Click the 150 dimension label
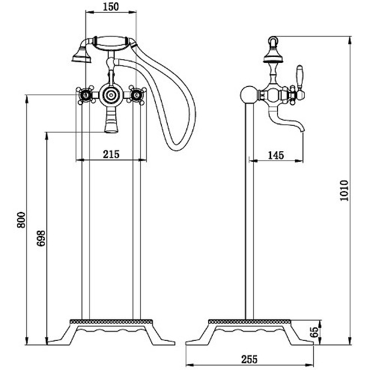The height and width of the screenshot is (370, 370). pos(111,6)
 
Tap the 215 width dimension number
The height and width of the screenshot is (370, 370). pos(111,154)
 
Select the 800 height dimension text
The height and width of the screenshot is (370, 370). pos(21,220)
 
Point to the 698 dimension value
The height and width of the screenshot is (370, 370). pos(41,238)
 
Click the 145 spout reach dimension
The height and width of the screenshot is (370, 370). pos(276,155)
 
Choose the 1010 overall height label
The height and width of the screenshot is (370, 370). pos(344,191)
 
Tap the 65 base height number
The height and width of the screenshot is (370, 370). pos(315,332)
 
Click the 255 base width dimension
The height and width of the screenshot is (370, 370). pos(249,359)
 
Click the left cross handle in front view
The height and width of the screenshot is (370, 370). pos(86,95)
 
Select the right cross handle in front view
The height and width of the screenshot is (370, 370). pos(136,95)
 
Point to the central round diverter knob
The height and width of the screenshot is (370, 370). pos(111,95)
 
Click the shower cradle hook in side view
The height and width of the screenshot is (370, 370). pos(273,41)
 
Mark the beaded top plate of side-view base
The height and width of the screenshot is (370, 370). pos(249,321)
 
